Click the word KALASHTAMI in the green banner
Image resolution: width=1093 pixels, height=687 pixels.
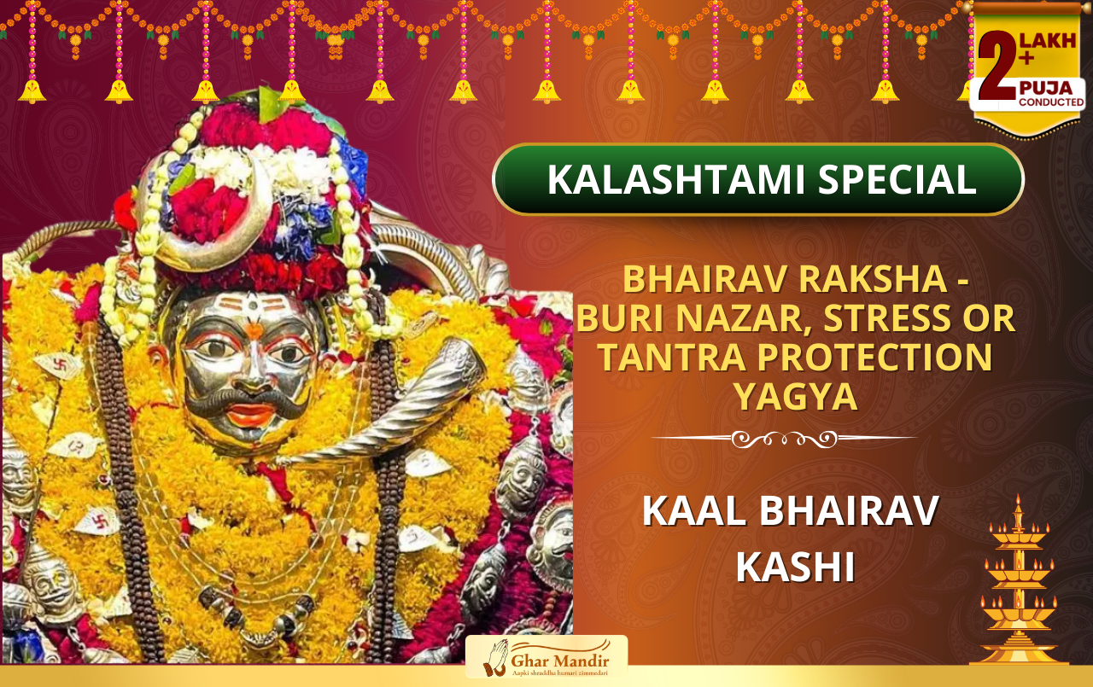(676, 179)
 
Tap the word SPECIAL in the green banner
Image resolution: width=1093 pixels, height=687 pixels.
(897, 179)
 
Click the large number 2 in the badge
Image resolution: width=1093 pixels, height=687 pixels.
(997, 66)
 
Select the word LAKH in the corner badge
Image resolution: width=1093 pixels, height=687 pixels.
(1048, 41)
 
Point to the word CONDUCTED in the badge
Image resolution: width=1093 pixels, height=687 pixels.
(1051, 102)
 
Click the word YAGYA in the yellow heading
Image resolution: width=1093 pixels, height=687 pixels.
(796, 397)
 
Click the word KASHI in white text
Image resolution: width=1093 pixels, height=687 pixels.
(795, 567)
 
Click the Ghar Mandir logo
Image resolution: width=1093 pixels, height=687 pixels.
(546, 657)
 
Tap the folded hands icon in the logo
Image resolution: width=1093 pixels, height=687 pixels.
(496, 658)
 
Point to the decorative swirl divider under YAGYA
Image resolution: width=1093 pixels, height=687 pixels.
(784, 439)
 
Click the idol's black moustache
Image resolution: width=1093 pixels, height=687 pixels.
(247, 400)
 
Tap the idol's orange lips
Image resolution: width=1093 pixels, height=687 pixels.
(251, 415)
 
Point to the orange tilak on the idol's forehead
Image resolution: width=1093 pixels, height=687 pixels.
(254, 330)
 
